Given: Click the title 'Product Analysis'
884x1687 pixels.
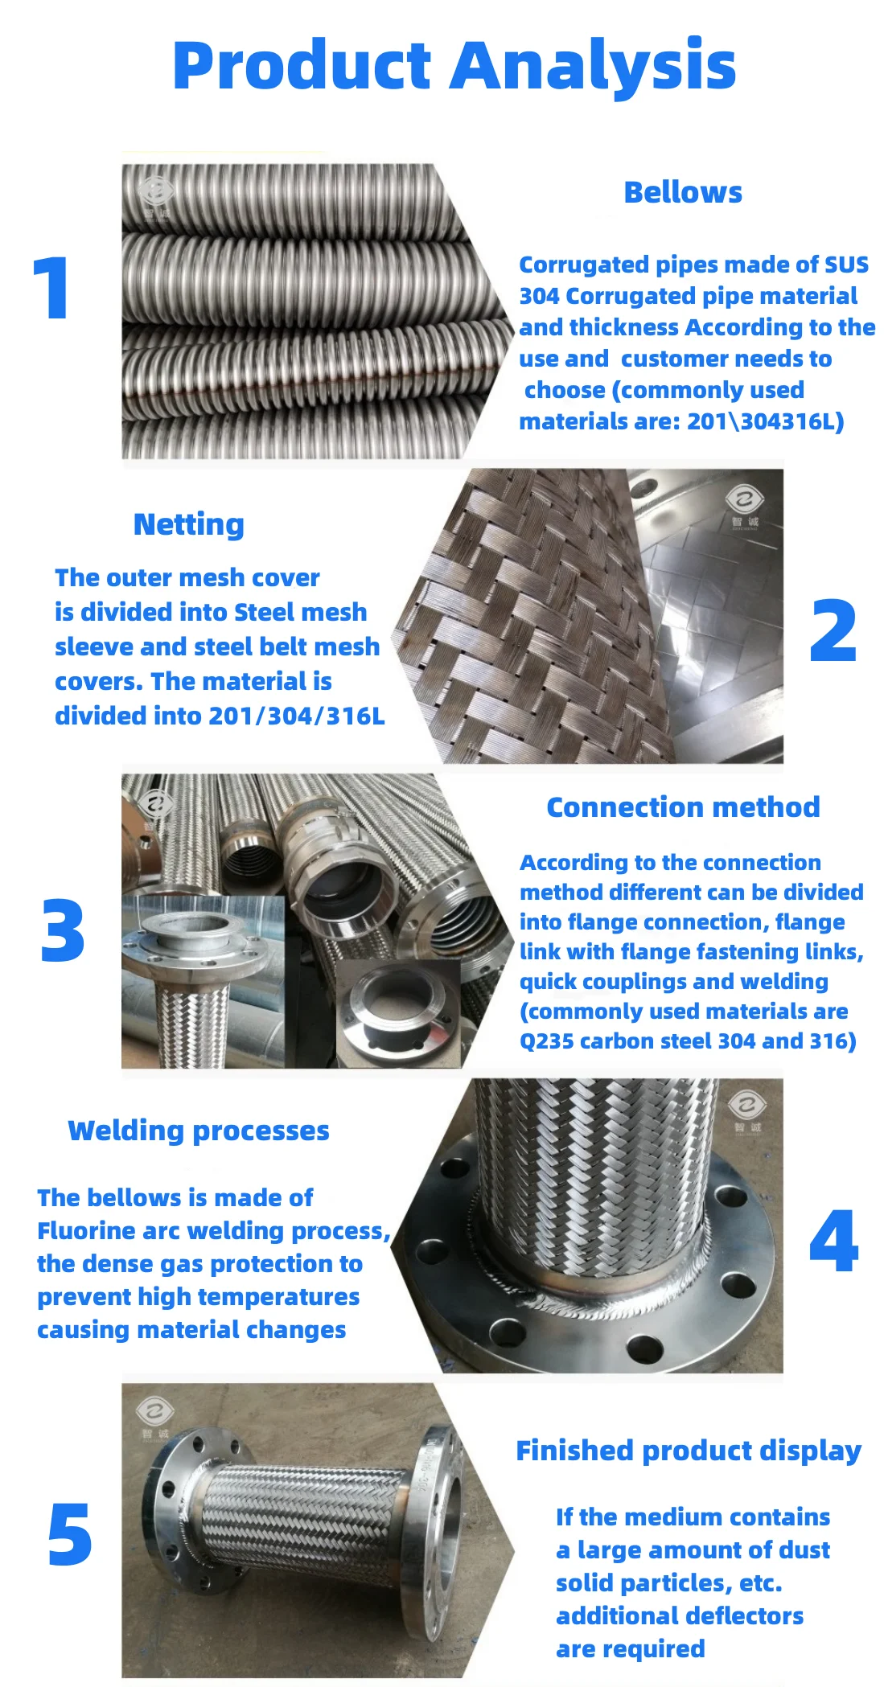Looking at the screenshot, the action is coord(454,66).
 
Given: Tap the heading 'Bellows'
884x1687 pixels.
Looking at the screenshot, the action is coord(683,193).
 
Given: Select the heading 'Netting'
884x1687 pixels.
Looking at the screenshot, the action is coord(189,524).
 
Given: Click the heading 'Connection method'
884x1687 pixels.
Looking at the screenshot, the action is coord(683,807).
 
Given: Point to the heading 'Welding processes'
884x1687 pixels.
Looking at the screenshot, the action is coord(199,1131).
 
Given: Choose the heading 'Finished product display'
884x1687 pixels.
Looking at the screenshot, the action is coord(689,1451).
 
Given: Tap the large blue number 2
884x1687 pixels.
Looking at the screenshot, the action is coord(833,630).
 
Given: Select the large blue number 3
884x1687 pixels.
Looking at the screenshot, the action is coord(63,931).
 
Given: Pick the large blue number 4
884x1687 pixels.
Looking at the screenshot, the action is coord(834,1242).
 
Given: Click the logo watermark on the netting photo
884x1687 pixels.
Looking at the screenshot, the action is coord(745,507).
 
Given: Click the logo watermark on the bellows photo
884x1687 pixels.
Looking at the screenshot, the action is coord(156,197).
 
